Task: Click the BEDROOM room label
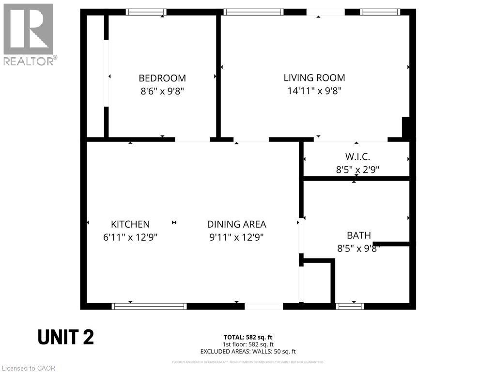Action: pos(162,78)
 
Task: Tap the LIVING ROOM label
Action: pos(314,77)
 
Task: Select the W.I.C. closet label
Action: pos(357,157)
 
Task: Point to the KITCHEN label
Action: pos(130,224)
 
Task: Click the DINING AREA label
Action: pos(236,224)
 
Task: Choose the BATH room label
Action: pos(358,235)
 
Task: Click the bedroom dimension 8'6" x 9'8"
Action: pos(162,91)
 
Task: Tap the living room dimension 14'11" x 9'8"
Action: pos(314,91)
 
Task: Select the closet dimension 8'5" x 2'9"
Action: pos(357,170)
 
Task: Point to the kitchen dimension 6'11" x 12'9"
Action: pos(130,237)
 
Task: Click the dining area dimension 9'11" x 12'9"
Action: pos(236,237)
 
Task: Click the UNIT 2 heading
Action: pos(65,338)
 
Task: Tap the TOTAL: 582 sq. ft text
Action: pos(248,337)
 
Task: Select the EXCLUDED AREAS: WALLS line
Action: pos(248,351)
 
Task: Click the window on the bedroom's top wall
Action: pos(146,12)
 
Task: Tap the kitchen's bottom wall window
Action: pos(149,306)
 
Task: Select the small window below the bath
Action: pos(350,306)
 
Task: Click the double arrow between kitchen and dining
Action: pos(174,222)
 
